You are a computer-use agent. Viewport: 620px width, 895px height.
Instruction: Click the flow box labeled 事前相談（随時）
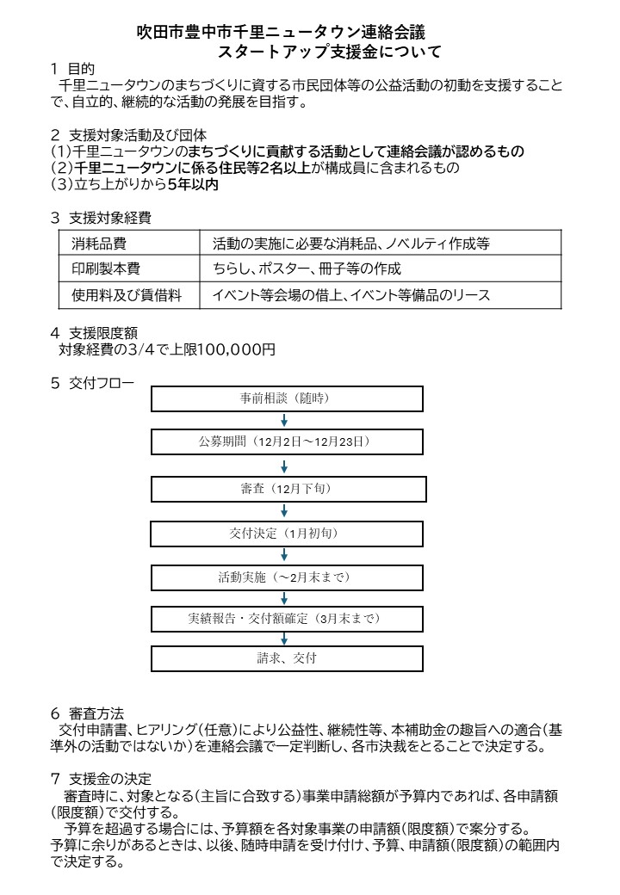[287, 398]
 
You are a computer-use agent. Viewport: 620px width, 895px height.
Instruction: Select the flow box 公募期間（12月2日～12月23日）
[287, 442]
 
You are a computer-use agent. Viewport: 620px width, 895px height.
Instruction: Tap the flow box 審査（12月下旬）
[287, 489]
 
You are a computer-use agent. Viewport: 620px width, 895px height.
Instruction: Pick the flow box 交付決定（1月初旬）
[287, 534]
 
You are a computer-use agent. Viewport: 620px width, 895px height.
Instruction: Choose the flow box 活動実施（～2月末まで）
[287, 577]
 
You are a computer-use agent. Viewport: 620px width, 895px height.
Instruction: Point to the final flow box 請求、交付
[287, 658]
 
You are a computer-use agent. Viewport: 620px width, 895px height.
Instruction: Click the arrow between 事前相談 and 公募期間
[284, 421]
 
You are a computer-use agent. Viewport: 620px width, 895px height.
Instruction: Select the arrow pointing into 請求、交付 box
[284, 639]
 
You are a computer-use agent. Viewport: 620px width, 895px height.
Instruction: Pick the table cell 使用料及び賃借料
[128, 295]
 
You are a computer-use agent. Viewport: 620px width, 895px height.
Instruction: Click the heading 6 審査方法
[87, 713]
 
